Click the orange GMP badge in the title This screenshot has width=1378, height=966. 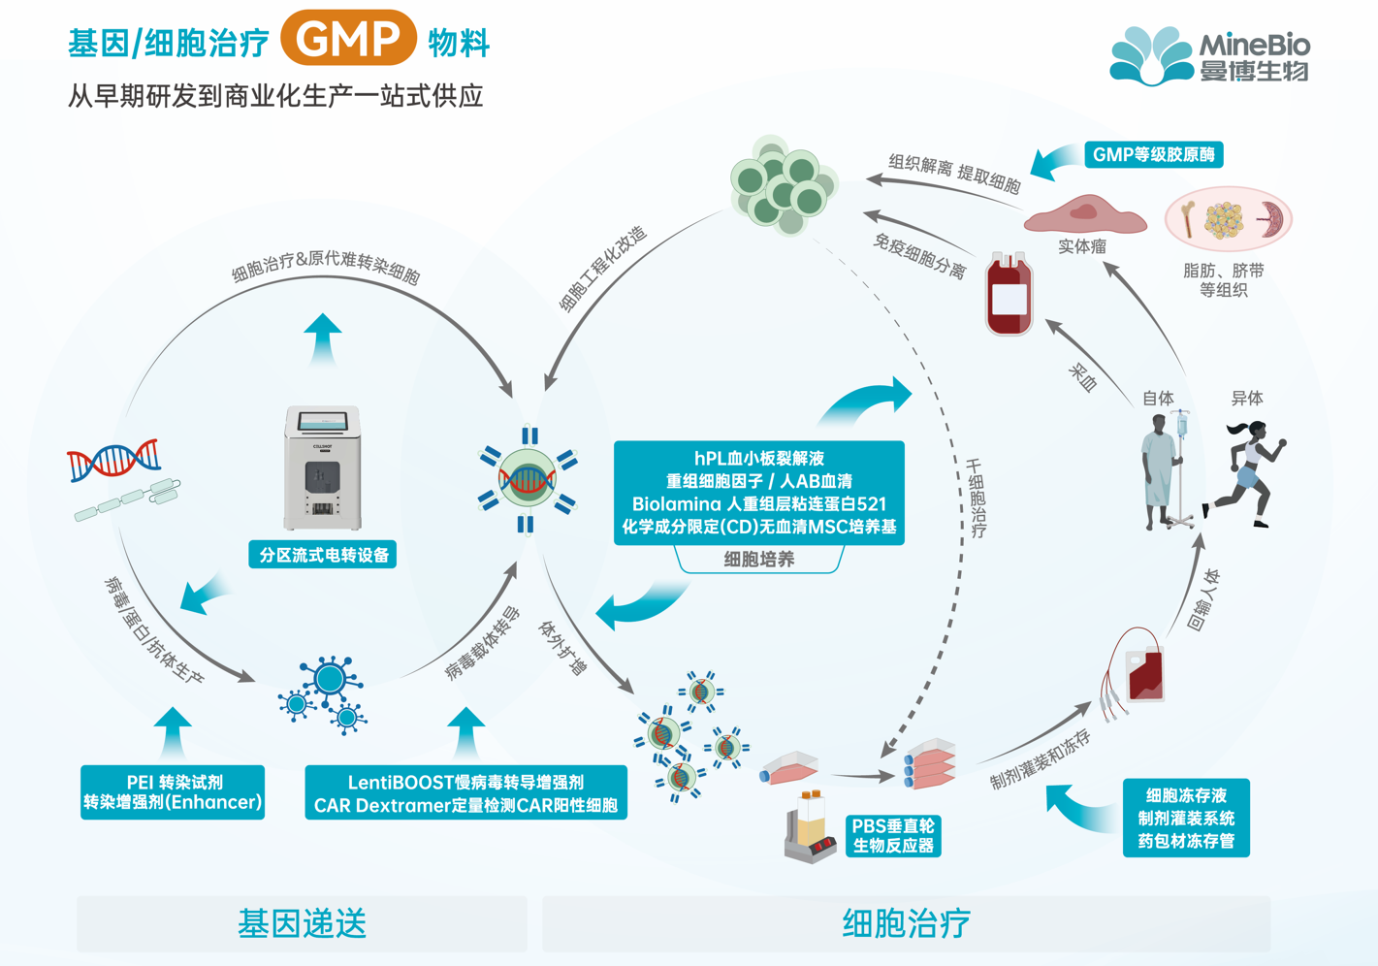coord(348,39)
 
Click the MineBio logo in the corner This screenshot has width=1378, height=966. coord(1209,55)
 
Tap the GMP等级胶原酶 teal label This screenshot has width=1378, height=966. coord(1153,154)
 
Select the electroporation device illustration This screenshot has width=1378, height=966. coord(322,467)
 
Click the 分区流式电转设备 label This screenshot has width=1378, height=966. coord(323,555)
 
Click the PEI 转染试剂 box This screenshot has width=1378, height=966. coord(173,792)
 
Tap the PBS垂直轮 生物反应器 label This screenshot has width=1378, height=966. coord(892,835)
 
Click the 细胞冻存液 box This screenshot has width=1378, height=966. coord(1186,818)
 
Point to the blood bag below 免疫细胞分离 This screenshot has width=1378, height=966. coord(1009,295)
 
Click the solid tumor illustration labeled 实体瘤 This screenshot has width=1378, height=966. coord(1084,215)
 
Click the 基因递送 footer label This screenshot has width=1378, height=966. coord(302,923)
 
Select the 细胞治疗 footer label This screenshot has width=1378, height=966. coord(906,923)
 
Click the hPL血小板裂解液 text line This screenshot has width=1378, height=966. coord(758,458)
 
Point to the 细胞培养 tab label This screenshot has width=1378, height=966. coord(758,560)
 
